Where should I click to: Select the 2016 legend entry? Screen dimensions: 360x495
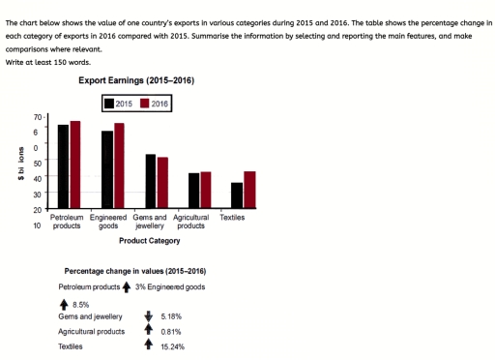(x=155, y=103)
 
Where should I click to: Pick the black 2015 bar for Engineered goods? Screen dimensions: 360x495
(x=107, y=169)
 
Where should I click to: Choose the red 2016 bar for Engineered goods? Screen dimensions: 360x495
(x=119, y=165)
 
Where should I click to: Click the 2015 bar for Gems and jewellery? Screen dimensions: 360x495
(x=151, y=181)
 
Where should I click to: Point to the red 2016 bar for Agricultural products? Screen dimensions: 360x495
(x=205, y=190)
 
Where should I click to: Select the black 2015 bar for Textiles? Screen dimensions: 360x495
(x=237, y=195)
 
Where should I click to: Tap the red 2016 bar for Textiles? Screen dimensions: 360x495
(x=249, y=190)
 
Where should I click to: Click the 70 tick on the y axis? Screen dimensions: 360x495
(x=39, y=116)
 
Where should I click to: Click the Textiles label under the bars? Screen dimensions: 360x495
(x=232, y=218)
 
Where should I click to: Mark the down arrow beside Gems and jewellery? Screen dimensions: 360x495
(x=148, y=315)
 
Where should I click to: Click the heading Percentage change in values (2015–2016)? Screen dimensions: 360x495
(x=134, y=272)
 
